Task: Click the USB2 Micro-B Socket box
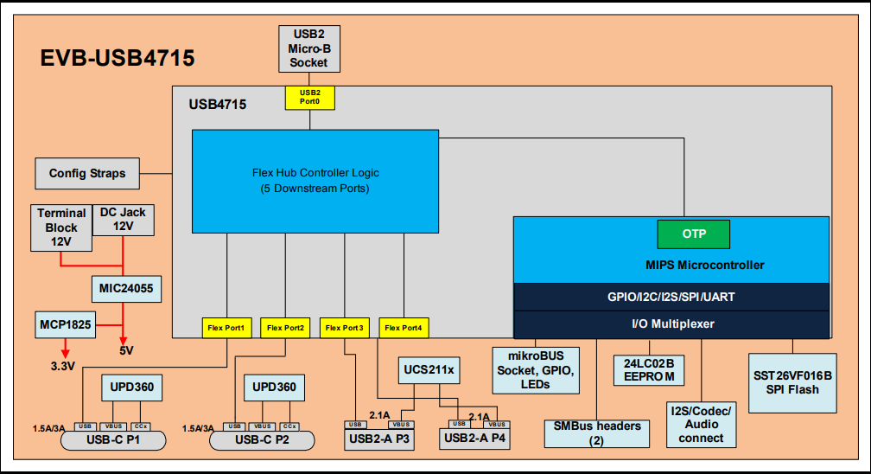308,48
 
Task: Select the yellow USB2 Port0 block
309,97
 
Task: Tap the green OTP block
693,234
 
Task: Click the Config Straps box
87,173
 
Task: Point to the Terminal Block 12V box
61,227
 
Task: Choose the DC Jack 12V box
123,219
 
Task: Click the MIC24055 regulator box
124,287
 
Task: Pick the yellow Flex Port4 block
404,328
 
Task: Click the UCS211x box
429,370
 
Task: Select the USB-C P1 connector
113,441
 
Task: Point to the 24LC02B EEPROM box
649,368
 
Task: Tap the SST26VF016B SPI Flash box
792,384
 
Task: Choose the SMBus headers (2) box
596,432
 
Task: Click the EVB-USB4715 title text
118,58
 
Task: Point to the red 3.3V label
64,366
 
